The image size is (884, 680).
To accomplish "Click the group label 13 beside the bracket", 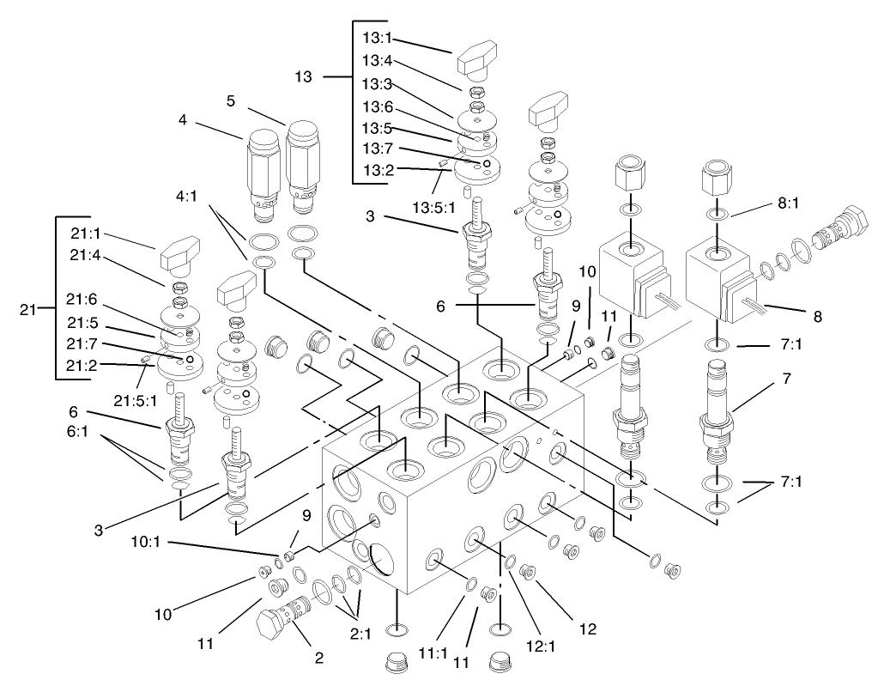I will [303, 77].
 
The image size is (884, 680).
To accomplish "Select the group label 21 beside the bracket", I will [27, 311].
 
